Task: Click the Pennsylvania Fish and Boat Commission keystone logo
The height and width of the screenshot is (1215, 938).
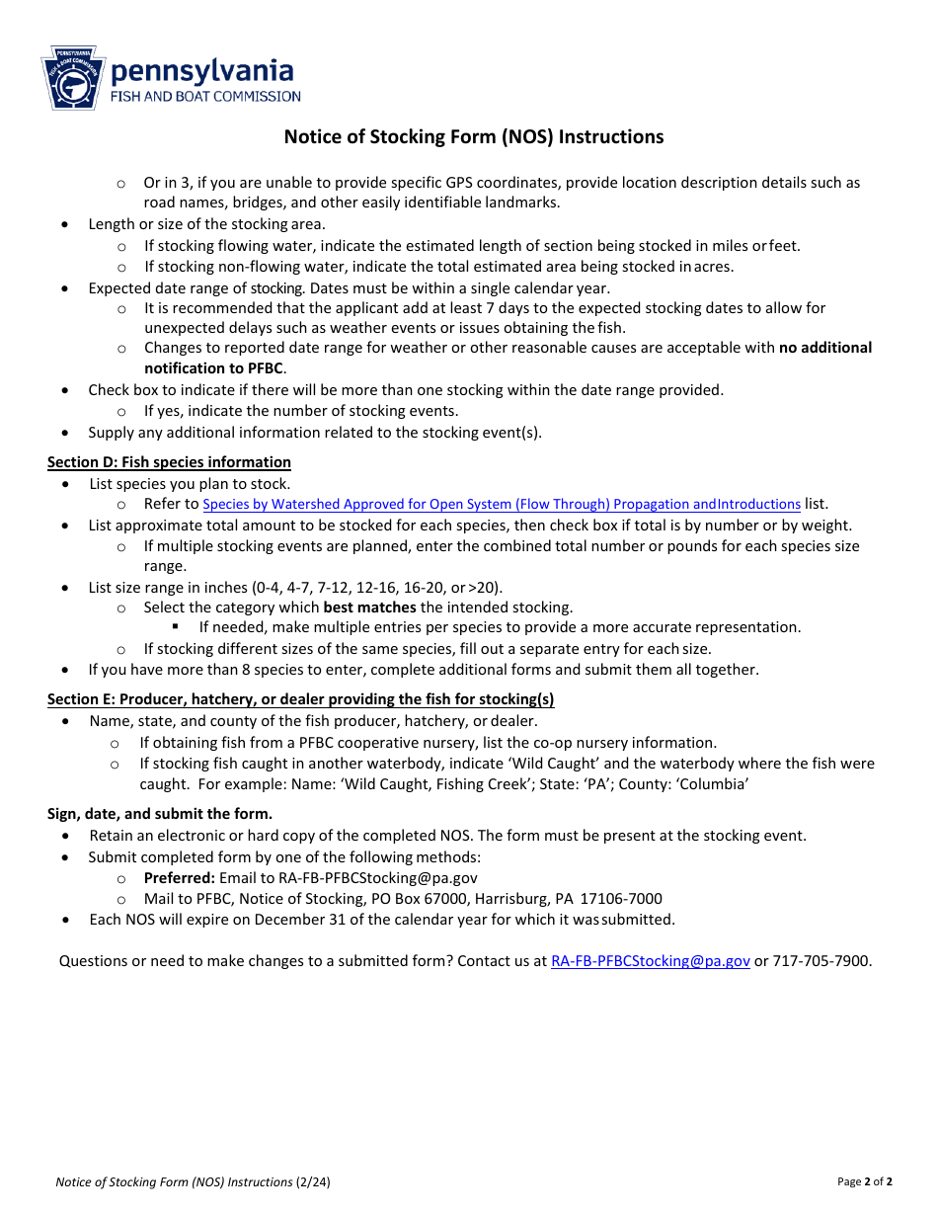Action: [72, 78]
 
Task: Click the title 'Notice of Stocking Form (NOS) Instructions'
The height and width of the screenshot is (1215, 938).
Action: [474, 137]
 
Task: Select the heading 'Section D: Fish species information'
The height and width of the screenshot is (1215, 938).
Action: [169, 462]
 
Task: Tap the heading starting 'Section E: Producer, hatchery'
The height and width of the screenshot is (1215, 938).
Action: [300, 699]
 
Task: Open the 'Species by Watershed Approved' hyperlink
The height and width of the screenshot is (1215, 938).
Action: [502, 504]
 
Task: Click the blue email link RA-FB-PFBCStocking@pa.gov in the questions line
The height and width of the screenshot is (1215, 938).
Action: [650, 960]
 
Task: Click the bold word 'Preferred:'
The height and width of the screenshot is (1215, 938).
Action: [179, 877]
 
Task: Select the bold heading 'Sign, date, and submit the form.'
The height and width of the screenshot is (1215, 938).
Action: [160, 814]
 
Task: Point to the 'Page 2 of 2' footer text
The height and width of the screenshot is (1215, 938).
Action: [865, 1181]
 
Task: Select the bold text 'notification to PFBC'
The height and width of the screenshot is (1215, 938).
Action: [213, 368]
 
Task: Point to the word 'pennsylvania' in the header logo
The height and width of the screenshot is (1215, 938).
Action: [201, 70]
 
